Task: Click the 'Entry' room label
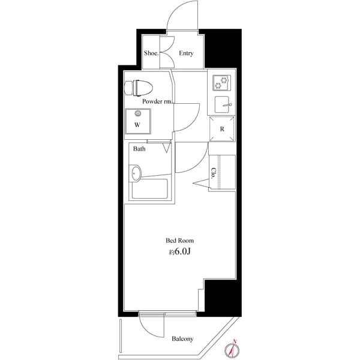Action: click(186, 53)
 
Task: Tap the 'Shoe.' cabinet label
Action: click(150, 53)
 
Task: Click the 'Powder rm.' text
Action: click(158, 102)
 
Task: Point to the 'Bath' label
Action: click(139, 149)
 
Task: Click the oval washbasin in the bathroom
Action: click(137, 175)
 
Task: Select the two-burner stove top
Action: click(220, 82)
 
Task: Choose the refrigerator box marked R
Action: click(221, 128)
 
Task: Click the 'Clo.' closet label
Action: click(214, 173)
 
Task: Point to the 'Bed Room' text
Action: click(180, 240)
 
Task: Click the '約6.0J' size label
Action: click(180, 253)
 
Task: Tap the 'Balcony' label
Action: click(182, 339)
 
